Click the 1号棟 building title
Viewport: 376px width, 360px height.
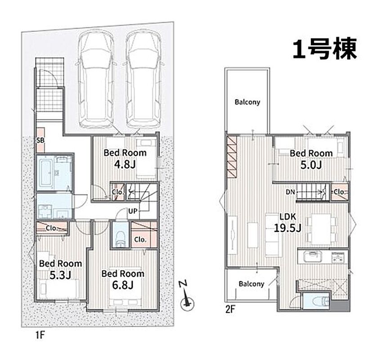(x=325, y=49)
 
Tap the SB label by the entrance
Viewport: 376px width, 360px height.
(x=40, y=140)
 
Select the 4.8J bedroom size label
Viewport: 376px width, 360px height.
(x=125, y=164)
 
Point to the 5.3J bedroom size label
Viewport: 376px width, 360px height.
(x=60, y=275)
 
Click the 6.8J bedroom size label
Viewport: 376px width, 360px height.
(x=122, y=285)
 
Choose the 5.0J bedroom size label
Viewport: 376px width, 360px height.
(x=311, y=165)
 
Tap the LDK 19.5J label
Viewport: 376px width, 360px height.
(x=287, y=222)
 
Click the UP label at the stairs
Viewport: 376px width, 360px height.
(x=133, y=211)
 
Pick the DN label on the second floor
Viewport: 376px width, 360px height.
(x=290, y=192)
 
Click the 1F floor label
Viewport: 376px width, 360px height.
(x=40, y=335)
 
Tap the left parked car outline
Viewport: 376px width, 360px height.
(x=96, y=79)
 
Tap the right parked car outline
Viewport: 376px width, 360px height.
(x=143, y=79)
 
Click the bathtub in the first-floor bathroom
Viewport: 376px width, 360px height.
(x=45, y=172)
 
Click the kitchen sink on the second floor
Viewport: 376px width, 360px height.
(x=312, y=257)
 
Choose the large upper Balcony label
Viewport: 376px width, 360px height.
(x=247, y=102)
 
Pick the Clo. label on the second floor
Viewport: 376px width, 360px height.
(x=340, y=192)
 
